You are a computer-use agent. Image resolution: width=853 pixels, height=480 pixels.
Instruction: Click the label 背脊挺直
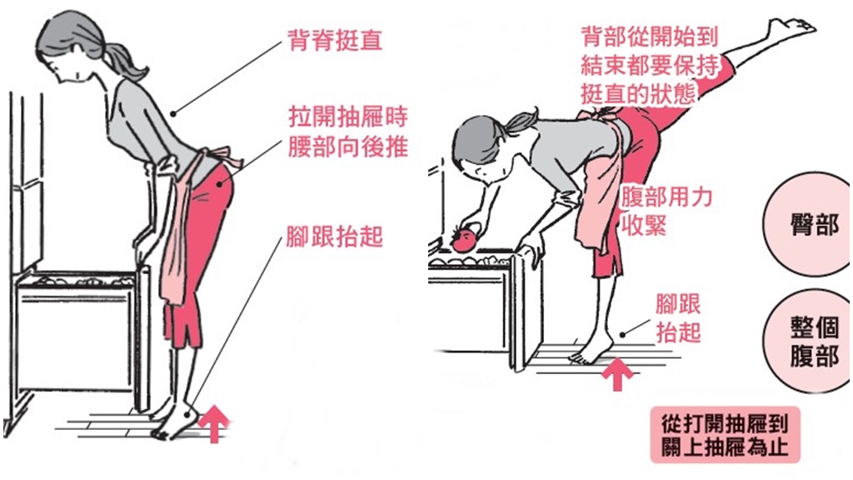pos(335,40)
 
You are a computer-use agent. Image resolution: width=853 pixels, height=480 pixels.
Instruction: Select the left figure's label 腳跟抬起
pos(335,236)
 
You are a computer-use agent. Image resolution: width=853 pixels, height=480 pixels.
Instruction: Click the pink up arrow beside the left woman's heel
pos(214,423)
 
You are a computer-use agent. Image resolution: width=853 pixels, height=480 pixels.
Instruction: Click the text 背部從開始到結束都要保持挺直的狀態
pos(650,65)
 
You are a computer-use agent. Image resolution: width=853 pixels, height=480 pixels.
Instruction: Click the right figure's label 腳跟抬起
pos(678,318)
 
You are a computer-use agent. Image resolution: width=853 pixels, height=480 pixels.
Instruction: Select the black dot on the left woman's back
pos(173,113)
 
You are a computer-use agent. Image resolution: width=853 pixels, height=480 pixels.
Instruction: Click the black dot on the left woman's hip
pos(220,184)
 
